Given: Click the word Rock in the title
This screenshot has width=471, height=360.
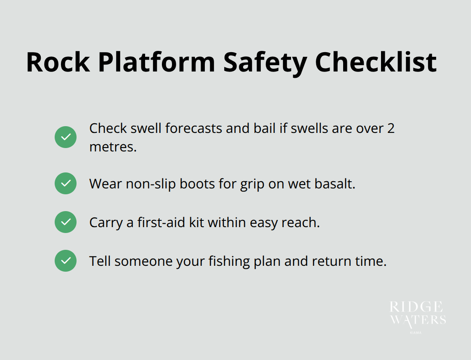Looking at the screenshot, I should [x=58, y=63].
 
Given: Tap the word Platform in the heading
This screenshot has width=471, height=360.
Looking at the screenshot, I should [x=156, y=63].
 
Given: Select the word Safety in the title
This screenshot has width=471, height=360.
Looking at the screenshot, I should [x=265, y=63].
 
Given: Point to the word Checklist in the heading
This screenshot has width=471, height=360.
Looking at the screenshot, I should [x=376, y=63].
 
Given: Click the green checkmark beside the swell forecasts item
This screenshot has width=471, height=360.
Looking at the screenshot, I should [x=66, y=137].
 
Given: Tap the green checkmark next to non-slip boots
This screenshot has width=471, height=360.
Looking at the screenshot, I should [x=66, y=183].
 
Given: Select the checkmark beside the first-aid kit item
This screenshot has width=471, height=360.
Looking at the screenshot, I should [x=66, y=222].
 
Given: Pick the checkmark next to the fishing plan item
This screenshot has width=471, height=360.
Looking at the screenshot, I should [x=66, y=261].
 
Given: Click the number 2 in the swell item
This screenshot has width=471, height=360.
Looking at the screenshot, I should [x=391, y=128].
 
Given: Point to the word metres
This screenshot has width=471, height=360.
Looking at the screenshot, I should [x=113, y=148].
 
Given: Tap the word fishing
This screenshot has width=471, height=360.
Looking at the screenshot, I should [x=226, y=261].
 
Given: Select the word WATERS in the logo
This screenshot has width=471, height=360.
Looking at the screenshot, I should [x=418, y=320].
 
